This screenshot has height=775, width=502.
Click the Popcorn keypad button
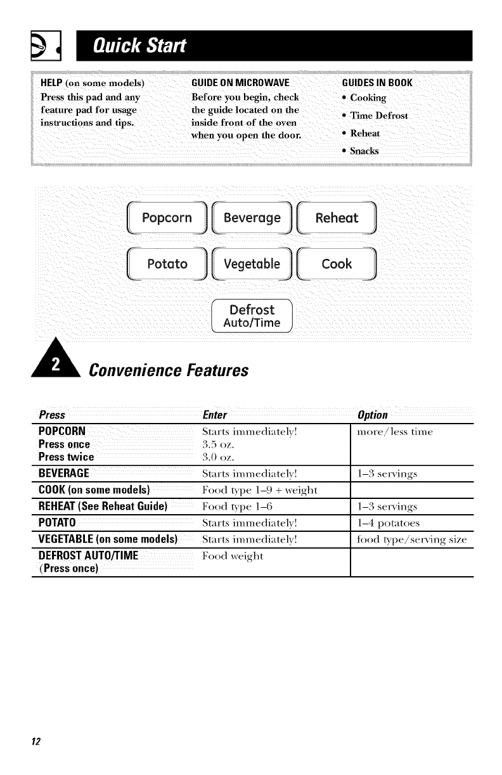[x=167, y=218]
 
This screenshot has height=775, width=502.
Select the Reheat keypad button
[x=337, y=218]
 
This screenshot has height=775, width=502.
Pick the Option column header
[x=373, y=415]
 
